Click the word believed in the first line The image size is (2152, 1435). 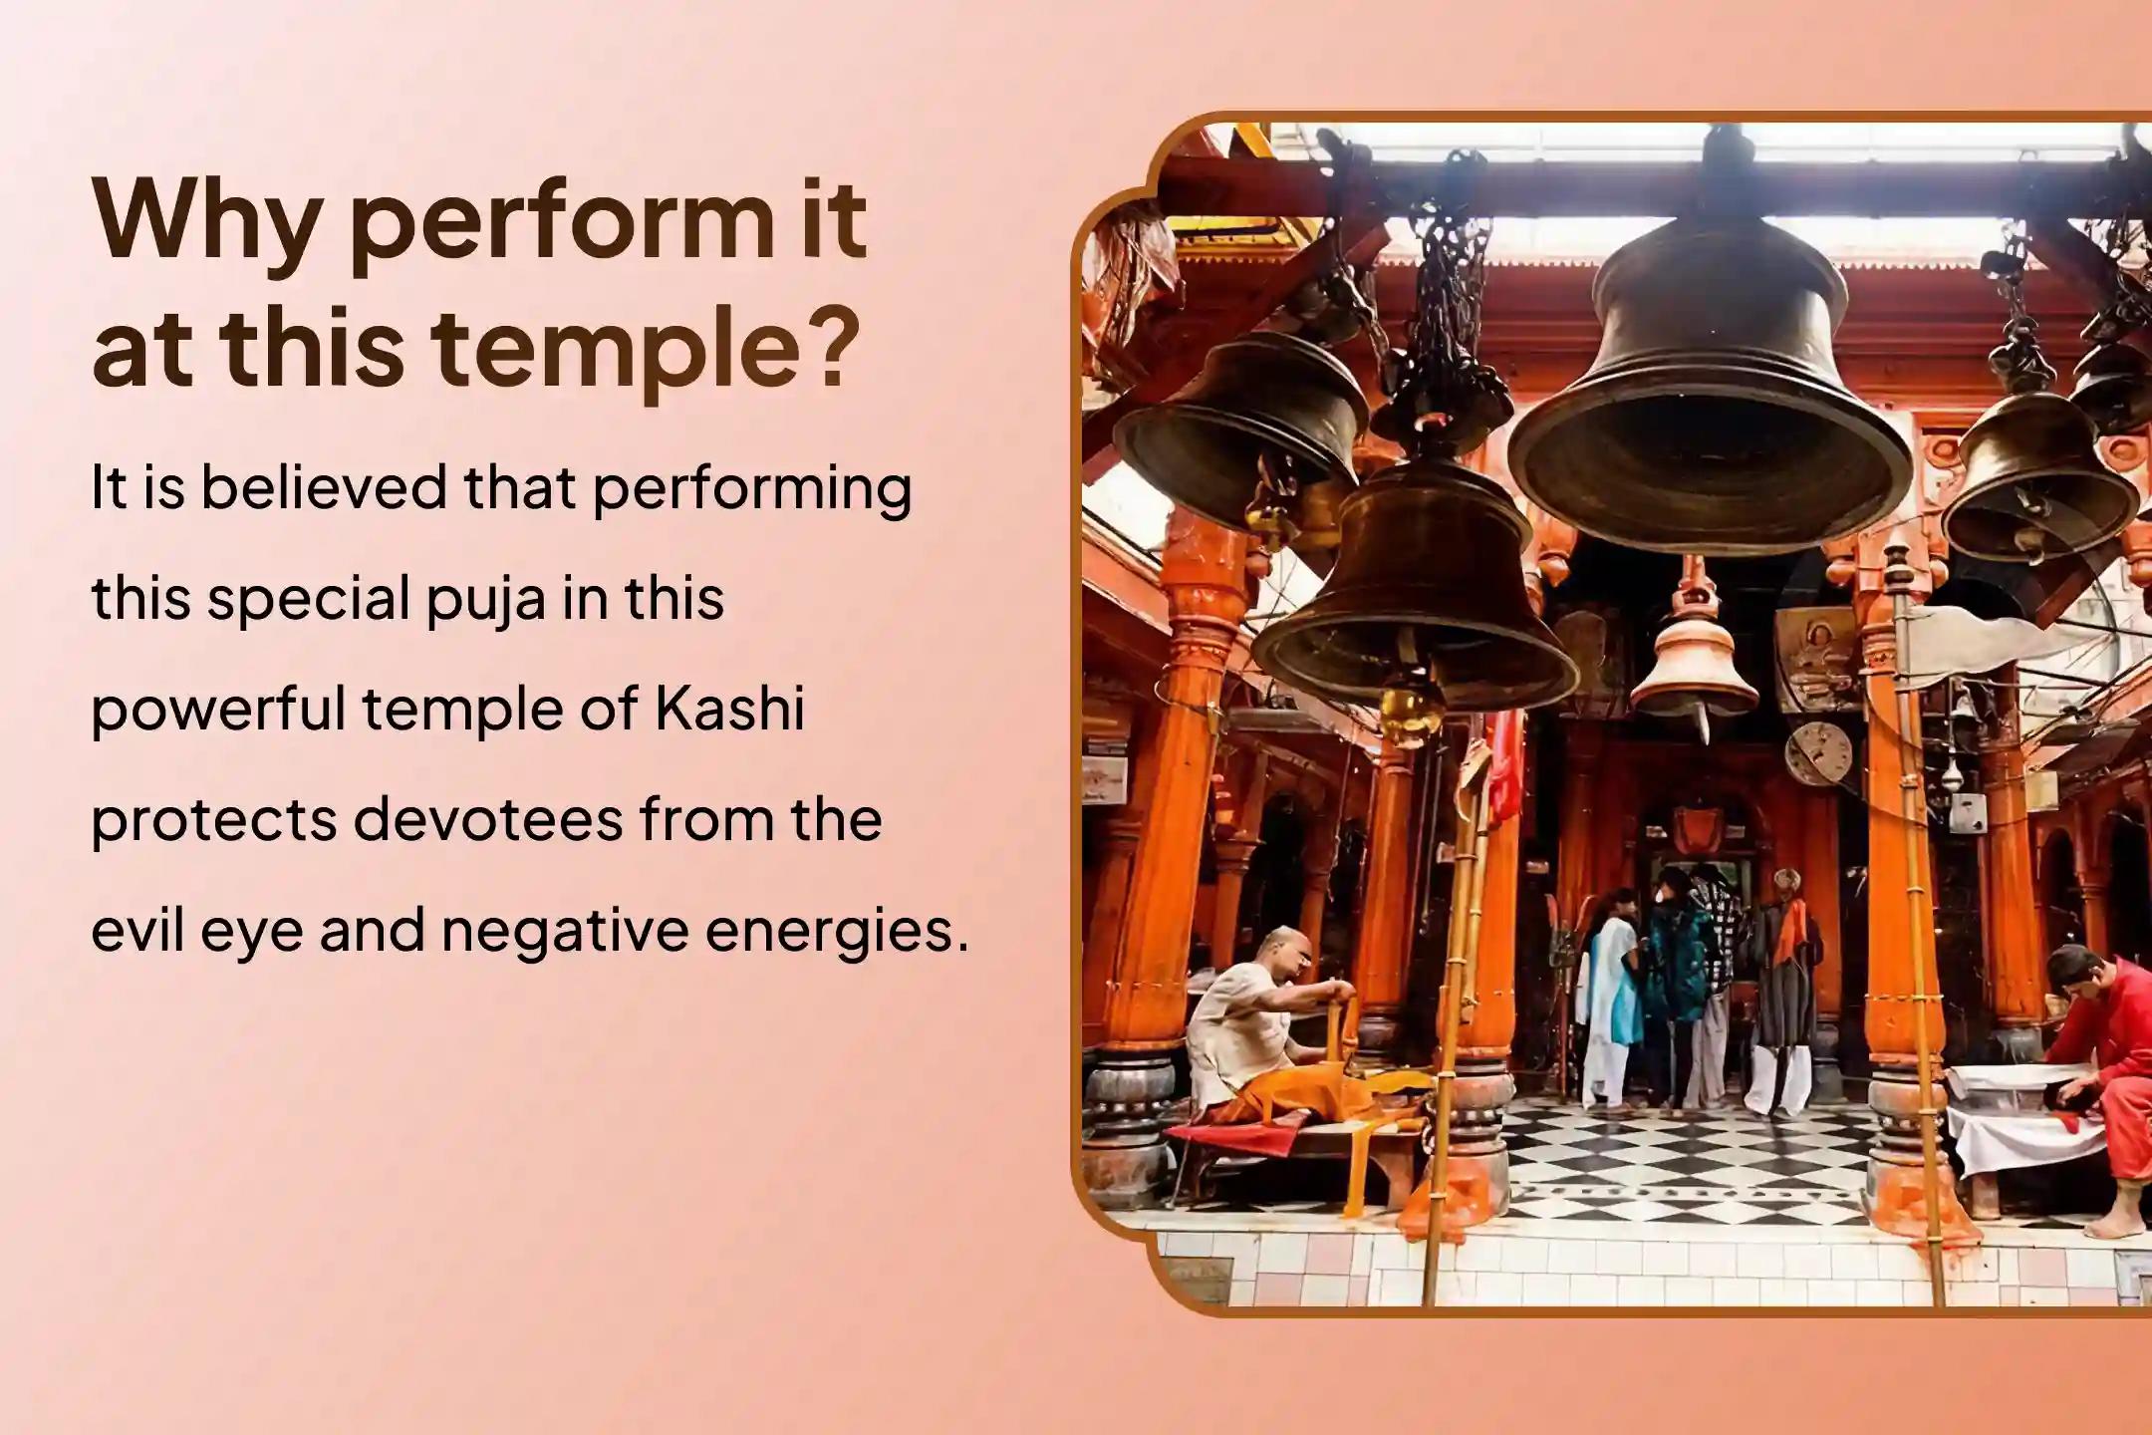(324, 488)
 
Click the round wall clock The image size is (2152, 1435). (1817, 753)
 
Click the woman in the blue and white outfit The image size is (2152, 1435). (1610, 997)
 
